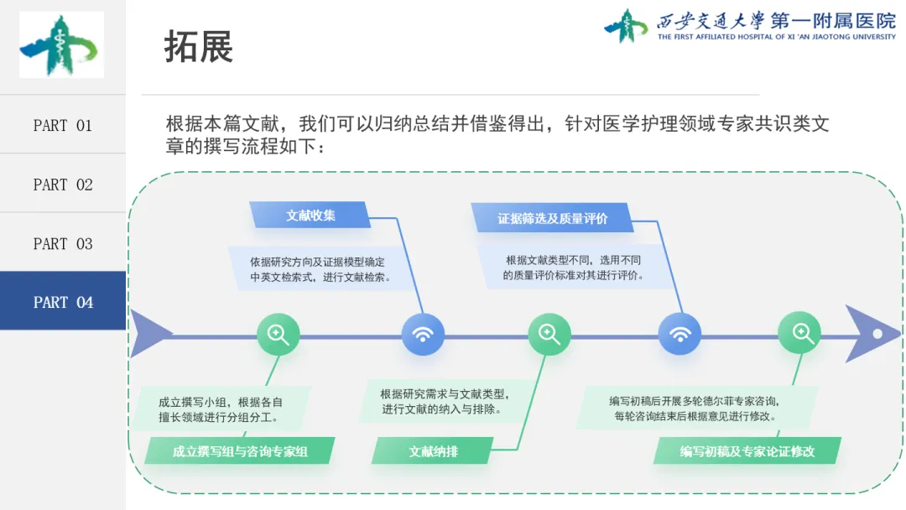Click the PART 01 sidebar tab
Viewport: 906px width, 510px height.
click(x=62, y=125)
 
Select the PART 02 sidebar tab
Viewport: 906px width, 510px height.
click(x=62, y=185)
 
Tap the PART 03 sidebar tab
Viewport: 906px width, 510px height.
click(x=62, y=243)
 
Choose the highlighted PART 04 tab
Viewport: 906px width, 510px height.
click(x=62, y=302)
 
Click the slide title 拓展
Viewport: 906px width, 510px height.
click(x=198, y=47)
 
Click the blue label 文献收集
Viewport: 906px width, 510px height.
click(x=310, y=216)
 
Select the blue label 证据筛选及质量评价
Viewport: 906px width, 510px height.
click(x=552, y=219)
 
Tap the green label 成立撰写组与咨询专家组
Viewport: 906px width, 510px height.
click(x=240, y=451)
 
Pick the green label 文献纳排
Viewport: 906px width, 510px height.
click(x=433, y=451)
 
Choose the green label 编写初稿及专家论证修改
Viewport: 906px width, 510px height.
click(x=747, y=451)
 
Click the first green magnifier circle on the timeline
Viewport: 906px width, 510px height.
click(x=278, y=334)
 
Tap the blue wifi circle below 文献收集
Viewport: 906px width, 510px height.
click(x=423, y=335)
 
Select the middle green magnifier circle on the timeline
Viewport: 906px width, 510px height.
click(x=549, y=334)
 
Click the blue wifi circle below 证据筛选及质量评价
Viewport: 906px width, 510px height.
click(x=679, y=335)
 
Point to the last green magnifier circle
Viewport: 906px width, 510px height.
click(x=800, y=334)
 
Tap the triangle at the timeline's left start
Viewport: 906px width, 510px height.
click(x=146, y=334)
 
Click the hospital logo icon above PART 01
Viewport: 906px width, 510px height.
click(x=61, y=45)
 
